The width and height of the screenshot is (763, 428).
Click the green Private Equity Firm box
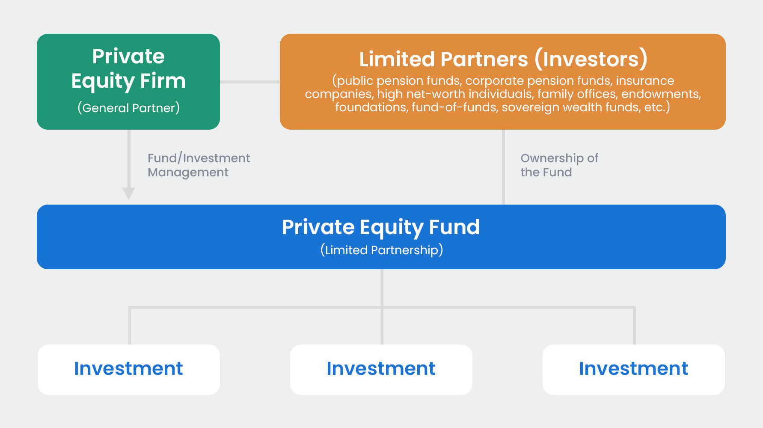pos(128,81)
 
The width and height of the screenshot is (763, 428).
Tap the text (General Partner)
pos(128,108)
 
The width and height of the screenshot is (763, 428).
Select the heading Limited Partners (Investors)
pos(503,59)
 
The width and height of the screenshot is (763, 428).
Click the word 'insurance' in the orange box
pos(645,80)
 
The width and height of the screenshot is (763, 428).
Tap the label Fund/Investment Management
pos(198,165)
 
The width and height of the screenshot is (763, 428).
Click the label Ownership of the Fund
pos(558,165)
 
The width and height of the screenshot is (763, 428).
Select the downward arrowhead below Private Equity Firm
pos(128,193)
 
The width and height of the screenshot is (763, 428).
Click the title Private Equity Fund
pos(381,227)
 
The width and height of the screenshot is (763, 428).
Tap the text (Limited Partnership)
pos(382,250)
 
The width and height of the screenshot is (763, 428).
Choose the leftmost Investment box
pos(128,369)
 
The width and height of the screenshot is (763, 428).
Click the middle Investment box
pos(381,369)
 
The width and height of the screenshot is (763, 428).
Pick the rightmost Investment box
pos(633,369)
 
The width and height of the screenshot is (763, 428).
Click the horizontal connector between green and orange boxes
pos(249,82)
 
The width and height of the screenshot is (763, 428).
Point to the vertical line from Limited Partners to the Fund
pos(503,167)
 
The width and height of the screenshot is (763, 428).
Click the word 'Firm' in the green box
pos(163,81)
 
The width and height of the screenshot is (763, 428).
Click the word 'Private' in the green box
pos(128,56)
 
